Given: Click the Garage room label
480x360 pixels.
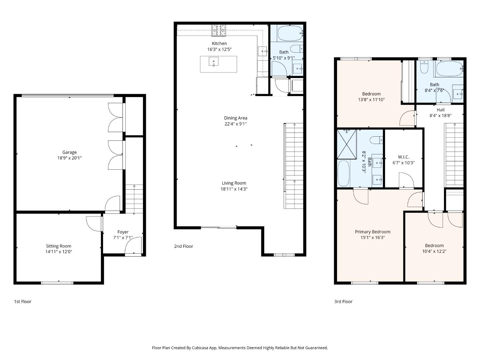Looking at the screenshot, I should [69, 152].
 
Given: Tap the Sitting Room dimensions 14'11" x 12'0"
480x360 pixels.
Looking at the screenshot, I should [59, 252].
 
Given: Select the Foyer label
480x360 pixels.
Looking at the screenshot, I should [123, 232].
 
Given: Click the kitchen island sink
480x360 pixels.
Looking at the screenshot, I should [214, 62].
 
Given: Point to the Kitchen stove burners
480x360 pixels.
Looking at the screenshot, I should [219, 31].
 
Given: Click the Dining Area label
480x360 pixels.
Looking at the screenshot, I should [235, 118].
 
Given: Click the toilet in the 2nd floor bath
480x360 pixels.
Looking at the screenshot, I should [296, 49].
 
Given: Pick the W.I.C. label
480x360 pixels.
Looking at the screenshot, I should [403, 157].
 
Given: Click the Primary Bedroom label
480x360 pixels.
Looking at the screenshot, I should [372, 232].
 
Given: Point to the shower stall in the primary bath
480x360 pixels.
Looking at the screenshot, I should [347, 144].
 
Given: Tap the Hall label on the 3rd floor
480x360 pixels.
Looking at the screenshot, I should [440, 110].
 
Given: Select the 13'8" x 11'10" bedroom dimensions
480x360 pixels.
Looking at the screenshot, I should [371, 100].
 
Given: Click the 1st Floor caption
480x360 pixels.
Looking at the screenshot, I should [23, 302].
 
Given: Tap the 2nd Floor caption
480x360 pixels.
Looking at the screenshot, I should [183, 246].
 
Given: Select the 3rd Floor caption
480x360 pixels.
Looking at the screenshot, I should [343, 302].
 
